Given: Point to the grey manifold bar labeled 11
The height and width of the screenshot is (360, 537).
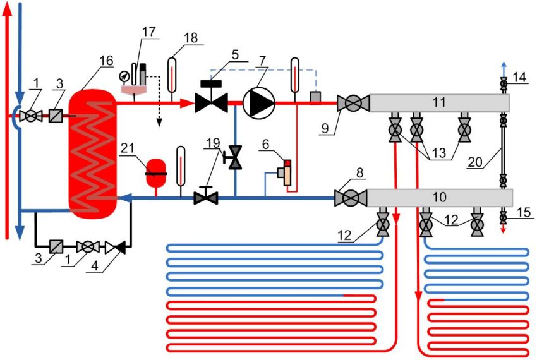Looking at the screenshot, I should [440, 102].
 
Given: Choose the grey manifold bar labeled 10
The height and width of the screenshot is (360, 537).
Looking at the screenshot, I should [440, 198].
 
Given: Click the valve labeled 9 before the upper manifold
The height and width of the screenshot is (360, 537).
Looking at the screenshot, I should [349, 102].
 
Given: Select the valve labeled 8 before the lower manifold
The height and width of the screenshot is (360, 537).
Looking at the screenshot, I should [349, 198].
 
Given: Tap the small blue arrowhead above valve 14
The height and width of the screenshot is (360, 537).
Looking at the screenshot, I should [504, 65].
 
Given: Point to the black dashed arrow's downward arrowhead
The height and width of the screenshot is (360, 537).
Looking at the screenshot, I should [159, 121].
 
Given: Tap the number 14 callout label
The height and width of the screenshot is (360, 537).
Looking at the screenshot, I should [519, 76].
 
